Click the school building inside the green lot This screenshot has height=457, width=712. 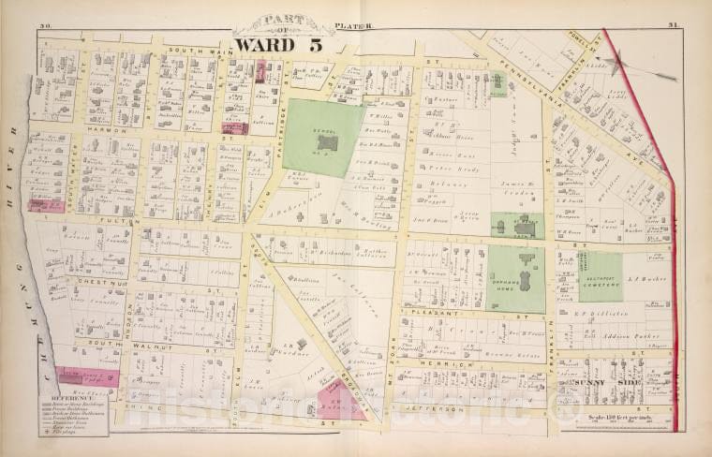(x=326, y=143)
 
